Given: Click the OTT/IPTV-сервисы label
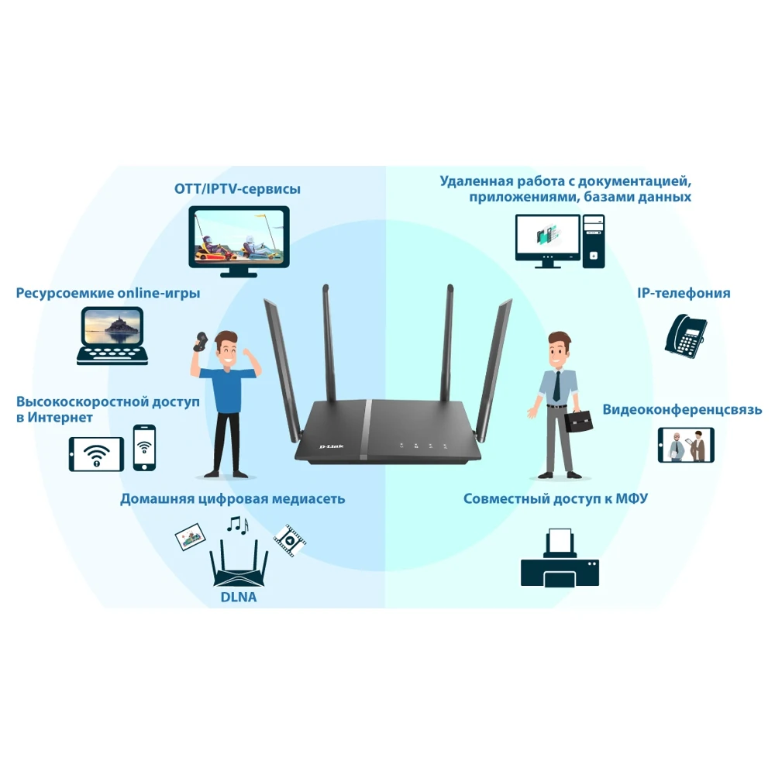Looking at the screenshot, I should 237,189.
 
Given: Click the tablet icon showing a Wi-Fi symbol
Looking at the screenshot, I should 96,453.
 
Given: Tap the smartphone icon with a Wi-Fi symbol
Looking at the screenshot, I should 144,447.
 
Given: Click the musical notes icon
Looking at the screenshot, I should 237,526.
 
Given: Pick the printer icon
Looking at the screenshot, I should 560,558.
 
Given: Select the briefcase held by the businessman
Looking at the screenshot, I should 580,421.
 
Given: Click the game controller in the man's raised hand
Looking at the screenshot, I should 201,341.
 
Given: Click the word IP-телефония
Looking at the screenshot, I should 684,293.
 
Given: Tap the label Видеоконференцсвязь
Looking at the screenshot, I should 682,409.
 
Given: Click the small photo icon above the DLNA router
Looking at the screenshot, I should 190,536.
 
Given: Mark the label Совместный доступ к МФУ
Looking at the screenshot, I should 556,498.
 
